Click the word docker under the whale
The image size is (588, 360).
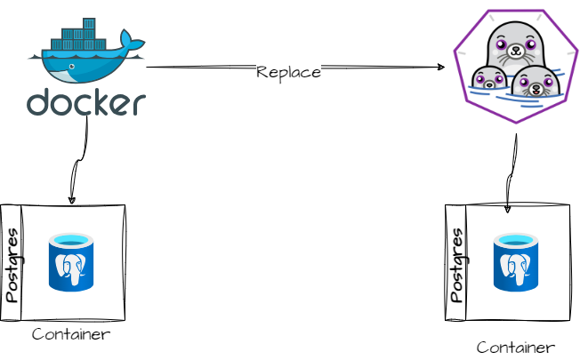[85, 102]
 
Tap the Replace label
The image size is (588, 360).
[288, 72]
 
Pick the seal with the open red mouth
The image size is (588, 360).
[536, 83]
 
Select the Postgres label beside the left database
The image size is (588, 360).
[12, 265]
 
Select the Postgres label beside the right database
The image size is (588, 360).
[455, 263]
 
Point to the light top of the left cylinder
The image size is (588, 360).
[71, 240]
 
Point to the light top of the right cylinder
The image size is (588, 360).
[516, 240]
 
